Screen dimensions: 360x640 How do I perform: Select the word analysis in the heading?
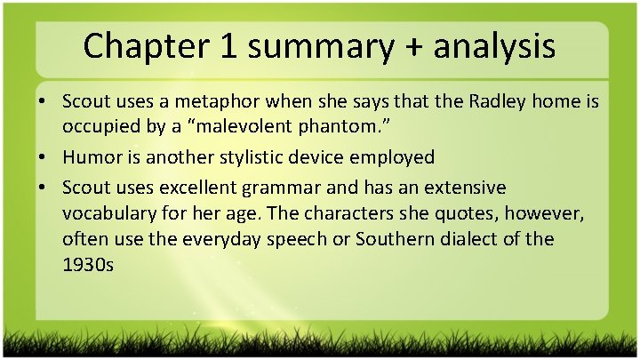pos(494,46)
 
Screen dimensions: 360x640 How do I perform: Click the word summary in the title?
pos(321,46)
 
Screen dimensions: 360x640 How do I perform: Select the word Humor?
pos(93,157)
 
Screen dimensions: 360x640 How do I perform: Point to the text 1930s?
pos(88,265)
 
